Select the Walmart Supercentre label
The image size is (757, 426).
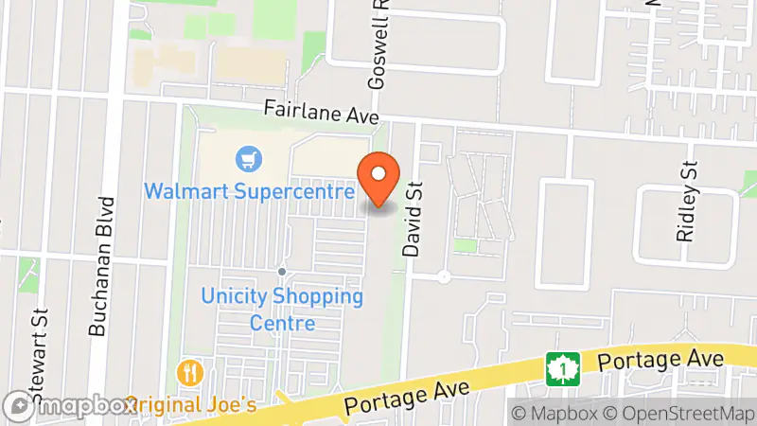pyautogui.click(x=250, y=190)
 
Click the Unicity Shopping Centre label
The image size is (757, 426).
pyautogui.click(x=282, y=310)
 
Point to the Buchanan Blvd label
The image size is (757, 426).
pyautogui.click(x=101, y=266)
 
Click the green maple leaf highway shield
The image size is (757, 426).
pyautogui.click(x=561, y=369)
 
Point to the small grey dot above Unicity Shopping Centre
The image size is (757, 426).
pyautogui.click(x=282, y=273)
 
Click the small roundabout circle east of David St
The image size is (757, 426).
pyautogui.click(x=444, y=277)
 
